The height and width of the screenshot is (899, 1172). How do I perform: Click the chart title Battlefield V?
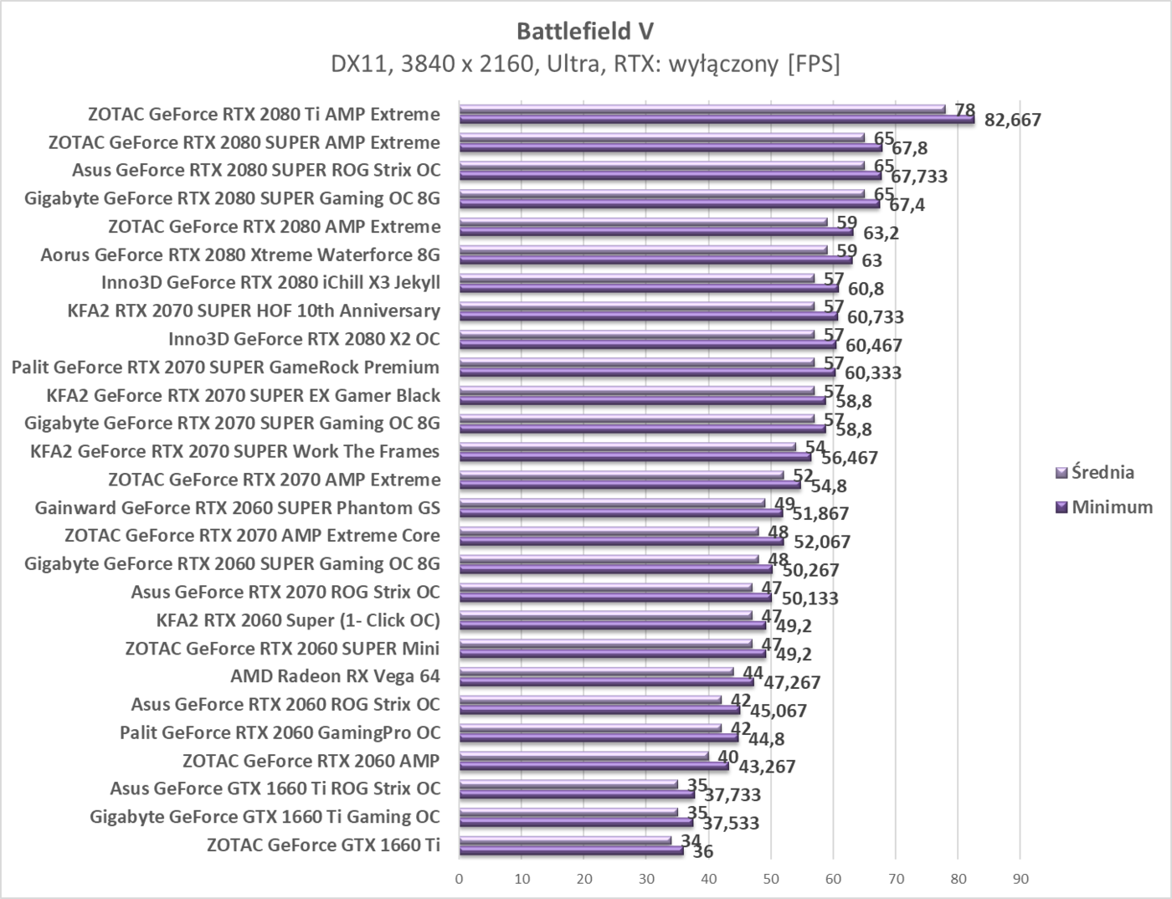coord(585,31)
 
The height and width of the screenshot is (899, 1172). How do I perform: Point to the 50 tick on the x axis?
coord(771,879)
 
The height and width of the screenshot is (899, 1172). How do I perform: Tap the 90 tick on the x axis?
coord(1020,879)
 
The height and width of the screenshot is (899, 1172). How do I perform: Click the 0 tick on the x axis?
coord(459,879)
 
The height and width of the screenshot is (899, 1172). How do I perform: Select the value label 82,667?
coord(1013,120)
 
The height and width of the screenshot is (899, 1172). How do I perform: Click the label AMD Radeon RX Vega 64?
coord(335,676)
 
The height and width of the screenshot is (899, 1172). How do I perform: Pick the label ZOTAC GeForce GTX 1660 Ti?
coord(323,845)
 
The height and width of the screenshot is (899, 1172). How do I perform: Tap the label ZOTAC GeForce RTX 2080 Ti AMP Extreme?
coord(264,115)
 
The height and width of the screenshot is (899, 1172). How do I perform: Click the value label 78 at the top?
coord(965,110)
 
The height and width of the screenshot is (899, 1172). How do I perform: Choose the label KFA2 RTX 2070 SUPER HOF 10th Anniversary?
coord(254,311)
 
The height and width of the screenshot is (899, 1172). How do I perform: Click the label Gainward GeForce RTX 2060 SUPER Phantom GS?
coord(237,508)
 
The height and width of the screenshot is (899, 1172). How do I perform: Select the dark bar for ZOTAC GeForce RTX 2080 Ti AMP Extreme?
coord(716,120)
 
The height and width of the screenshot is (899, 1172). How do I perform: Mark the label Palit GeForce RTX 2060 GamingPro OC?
coord(280,732)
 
